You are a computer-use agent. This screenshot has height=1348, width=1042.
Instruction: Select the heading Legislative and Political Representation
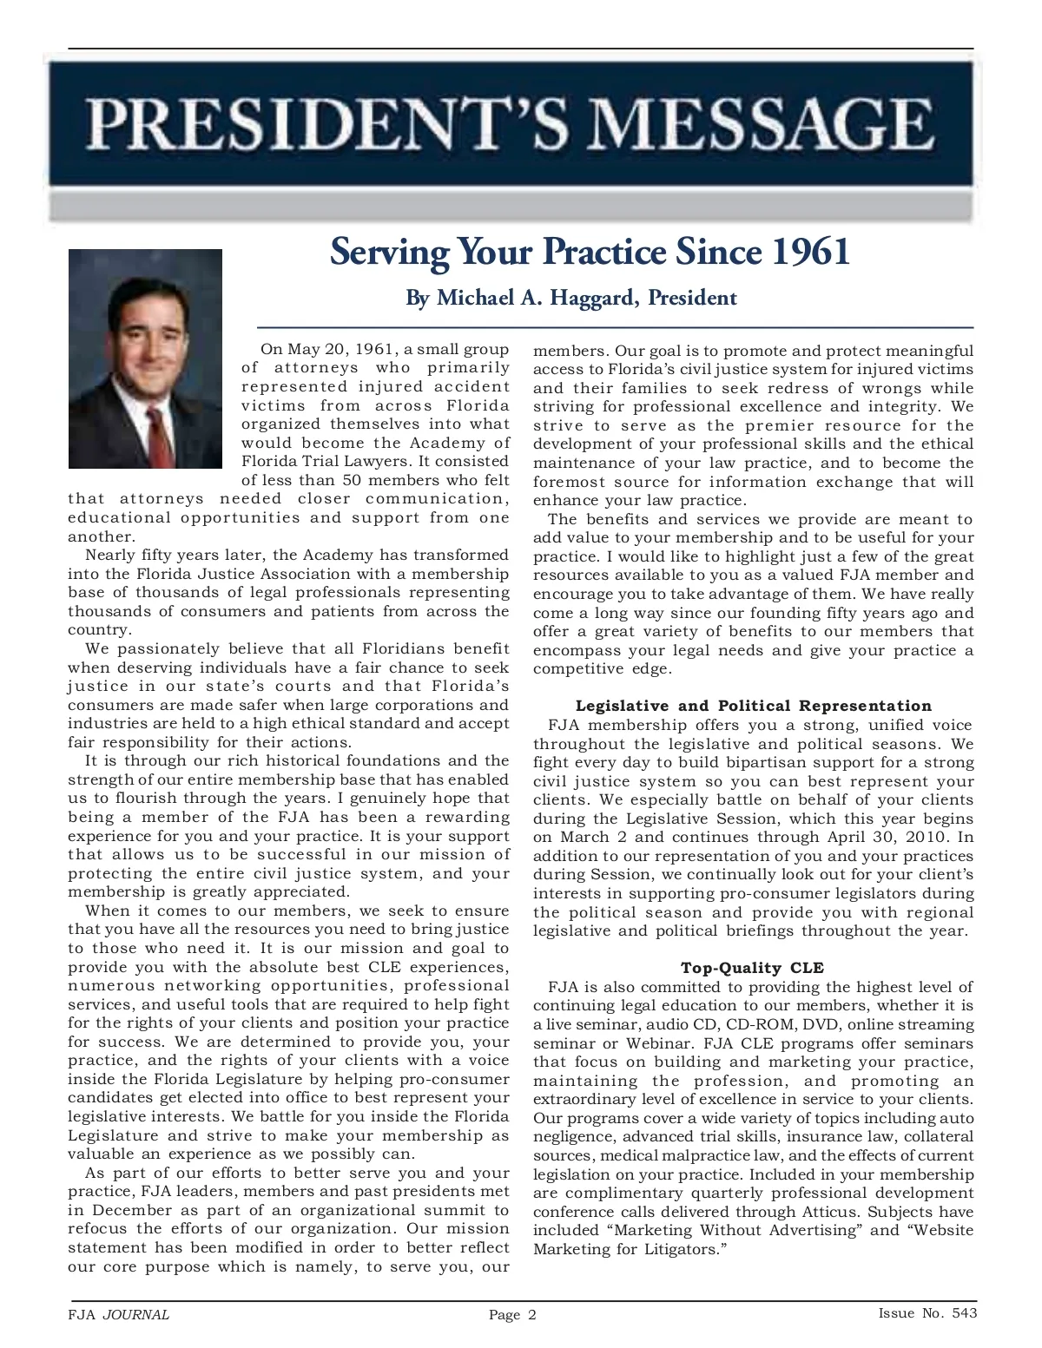coord(753,706)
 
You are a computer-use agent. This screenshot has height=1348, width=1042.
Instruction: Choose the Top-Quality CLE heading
coord(752,968)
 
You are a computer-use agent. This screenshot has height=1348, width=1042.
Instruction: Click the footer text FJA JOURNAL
coord(118,1314)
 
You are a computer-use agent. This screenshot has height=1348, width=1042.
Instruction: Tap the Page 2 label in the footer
coord(512,1315)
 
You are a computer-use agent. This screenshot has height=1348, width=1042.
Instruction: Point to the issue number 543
coord(963,1313)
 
